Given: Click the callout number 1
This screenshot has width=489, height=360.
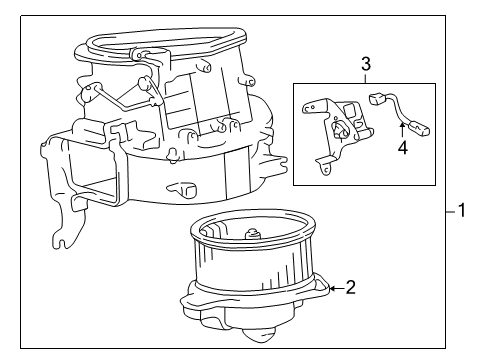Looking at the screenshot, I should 461,211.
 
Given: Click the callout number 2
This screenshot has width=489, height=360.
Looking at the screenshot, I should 350,289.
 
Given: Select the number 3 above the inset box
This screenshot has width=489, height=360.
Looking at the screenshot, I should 365,66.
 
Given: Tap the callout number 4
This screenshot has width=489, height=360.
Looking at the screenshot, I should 403,149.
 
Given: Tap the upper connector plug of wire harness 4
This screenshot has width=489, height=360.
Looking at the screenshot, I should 378,100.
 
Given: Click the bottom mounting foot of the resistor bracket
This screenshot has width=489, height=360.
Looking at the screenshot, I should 324,170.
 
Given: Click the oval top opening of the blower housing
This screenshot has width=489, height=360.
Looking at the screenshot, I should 165,45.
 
